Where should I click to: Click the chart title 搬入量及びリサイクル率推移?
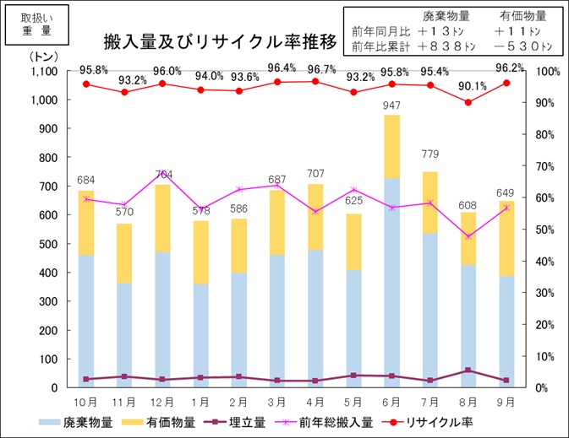221,41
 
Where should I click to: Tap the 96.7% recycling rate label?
315,68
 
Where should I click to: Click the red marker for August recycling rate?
468,102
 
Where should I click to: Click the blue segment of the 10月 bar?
85,321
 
